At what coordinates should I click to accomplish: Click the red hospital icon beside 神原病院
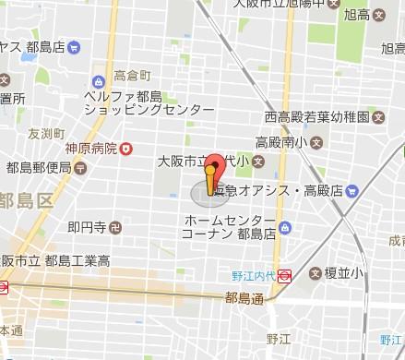tap(125, 148)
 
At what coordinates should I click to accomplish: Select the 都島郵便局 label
tap(39, 168)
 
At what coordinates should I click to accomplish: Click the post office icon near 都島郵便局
tap(80, 168)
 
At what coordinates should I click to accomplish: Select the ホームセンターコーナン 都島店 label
tap(230, 227)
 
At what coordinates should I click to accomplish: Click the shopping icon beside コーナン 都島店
tap(284, 227)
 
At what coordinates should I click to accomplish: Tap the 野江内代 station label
tap(254, 274)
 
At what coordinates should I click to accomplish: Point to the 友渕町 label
tap(18, 132)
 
